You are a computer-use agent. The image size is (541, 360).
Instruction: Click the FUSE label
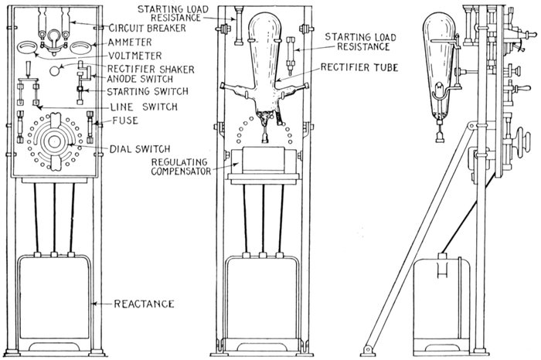click(114, 121)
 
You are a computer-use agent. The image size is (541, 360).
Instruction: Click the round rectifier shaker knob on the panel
click(55, 70)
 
